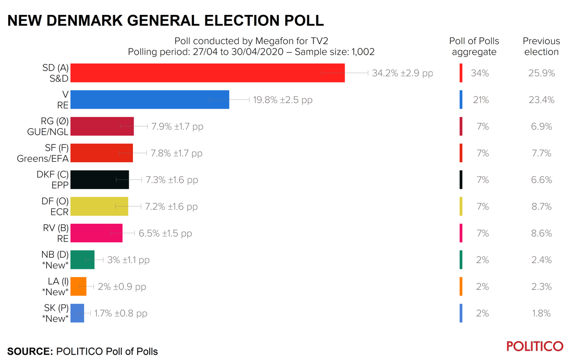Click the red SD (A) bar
point(207,73)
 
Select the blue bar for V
point(150,100)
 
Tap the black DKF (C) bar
point(100,180)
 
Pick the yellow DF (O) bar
point(99,206)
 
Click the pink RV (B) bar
point(96,233)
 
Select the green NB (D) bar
point(83,260)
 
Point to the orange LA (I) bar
point(79,287)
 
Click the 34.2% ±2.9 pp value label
point(402,73)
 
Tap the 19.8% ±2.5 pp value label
point(283,100)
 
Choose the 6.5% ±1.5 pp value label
point(165,233)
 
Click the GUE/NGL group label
point(48,132)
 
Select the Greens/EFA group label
point(43,159)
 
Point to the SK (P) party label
point(56,308)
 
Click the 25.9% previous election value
point(541,73)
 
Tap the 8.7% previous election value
point(541,206)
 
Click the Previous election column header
point(541,47)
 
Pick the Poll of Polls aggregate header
point(474,47)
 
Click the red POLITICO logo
point(535,347)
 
